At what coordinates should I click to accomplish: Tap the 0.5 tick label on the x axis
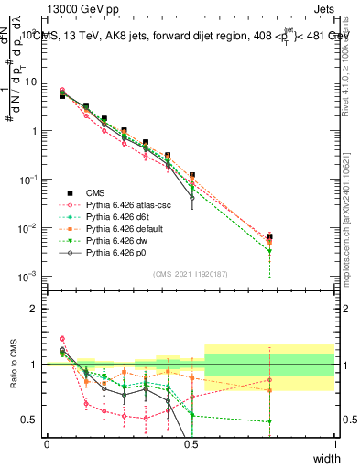(191, 444)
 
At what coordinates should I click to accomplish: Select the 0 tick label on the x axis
(47, 444)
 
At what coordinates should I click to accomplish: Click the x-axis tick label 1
(334, 444)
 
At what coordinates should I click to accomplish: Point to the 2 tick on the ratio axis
(35, 308)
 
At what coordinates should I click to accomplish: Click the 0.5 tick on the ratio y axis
(30, 420)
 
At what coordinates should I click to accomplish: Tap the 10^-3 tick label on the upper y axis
(27, 276)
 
